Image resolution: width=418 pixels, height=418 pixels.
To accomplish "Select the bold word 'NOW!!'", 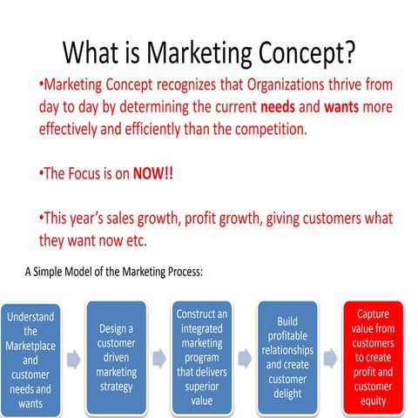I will tap(152, 172).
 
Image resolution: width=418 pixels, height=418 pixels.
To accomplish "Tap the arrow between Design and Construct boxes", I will tap(158, 357).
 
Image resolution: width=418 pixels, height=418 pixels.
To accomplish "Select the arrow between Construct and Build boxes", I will tap(245, 357).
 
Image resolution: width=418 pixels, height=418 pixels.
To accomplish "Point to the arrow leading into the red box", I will tap(331, 357).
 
